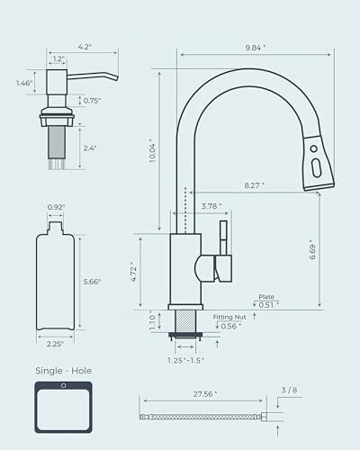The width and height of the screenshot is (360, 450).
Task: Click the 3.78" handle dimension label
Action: click(x=211, y=205)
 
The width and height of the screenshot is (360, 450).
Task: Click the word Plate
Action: click(x=266, y=296)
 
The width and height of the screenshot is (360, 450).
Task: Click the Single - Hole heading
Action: click(x=63, y=371)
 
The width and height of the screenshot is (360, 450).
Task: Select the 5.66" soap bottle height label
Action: click(x=91, y=282)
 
